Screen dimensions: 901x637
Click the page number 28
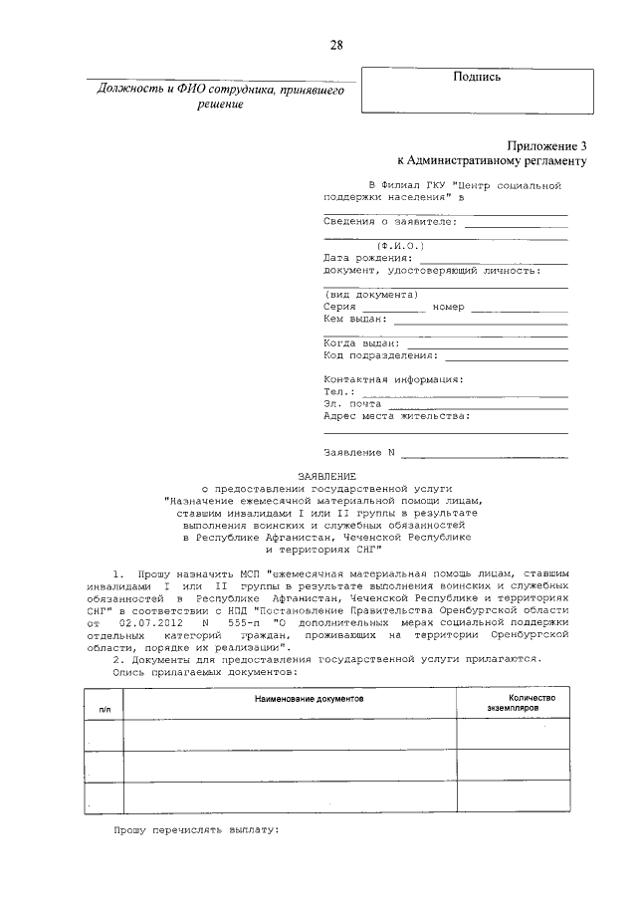pyautogui.click(x=336, y=45)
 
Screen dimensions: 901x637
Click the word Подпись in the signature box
pyautogui.click(x=476, y=77)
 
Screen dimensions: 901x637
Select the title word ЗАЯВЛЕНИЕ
pyautogui.click(x=326, y=476)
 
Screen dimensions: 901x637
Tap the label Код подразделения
pyautogui.click(x=381, y=354)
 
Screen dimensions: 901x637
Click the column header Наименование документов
pyautogui.click(x=309, y=700)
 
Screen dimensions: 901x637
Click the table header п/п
pyautogui.click(x=106, y=709)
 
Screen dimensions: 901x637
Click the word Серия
pyautogui.click(x=340, y=307)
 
